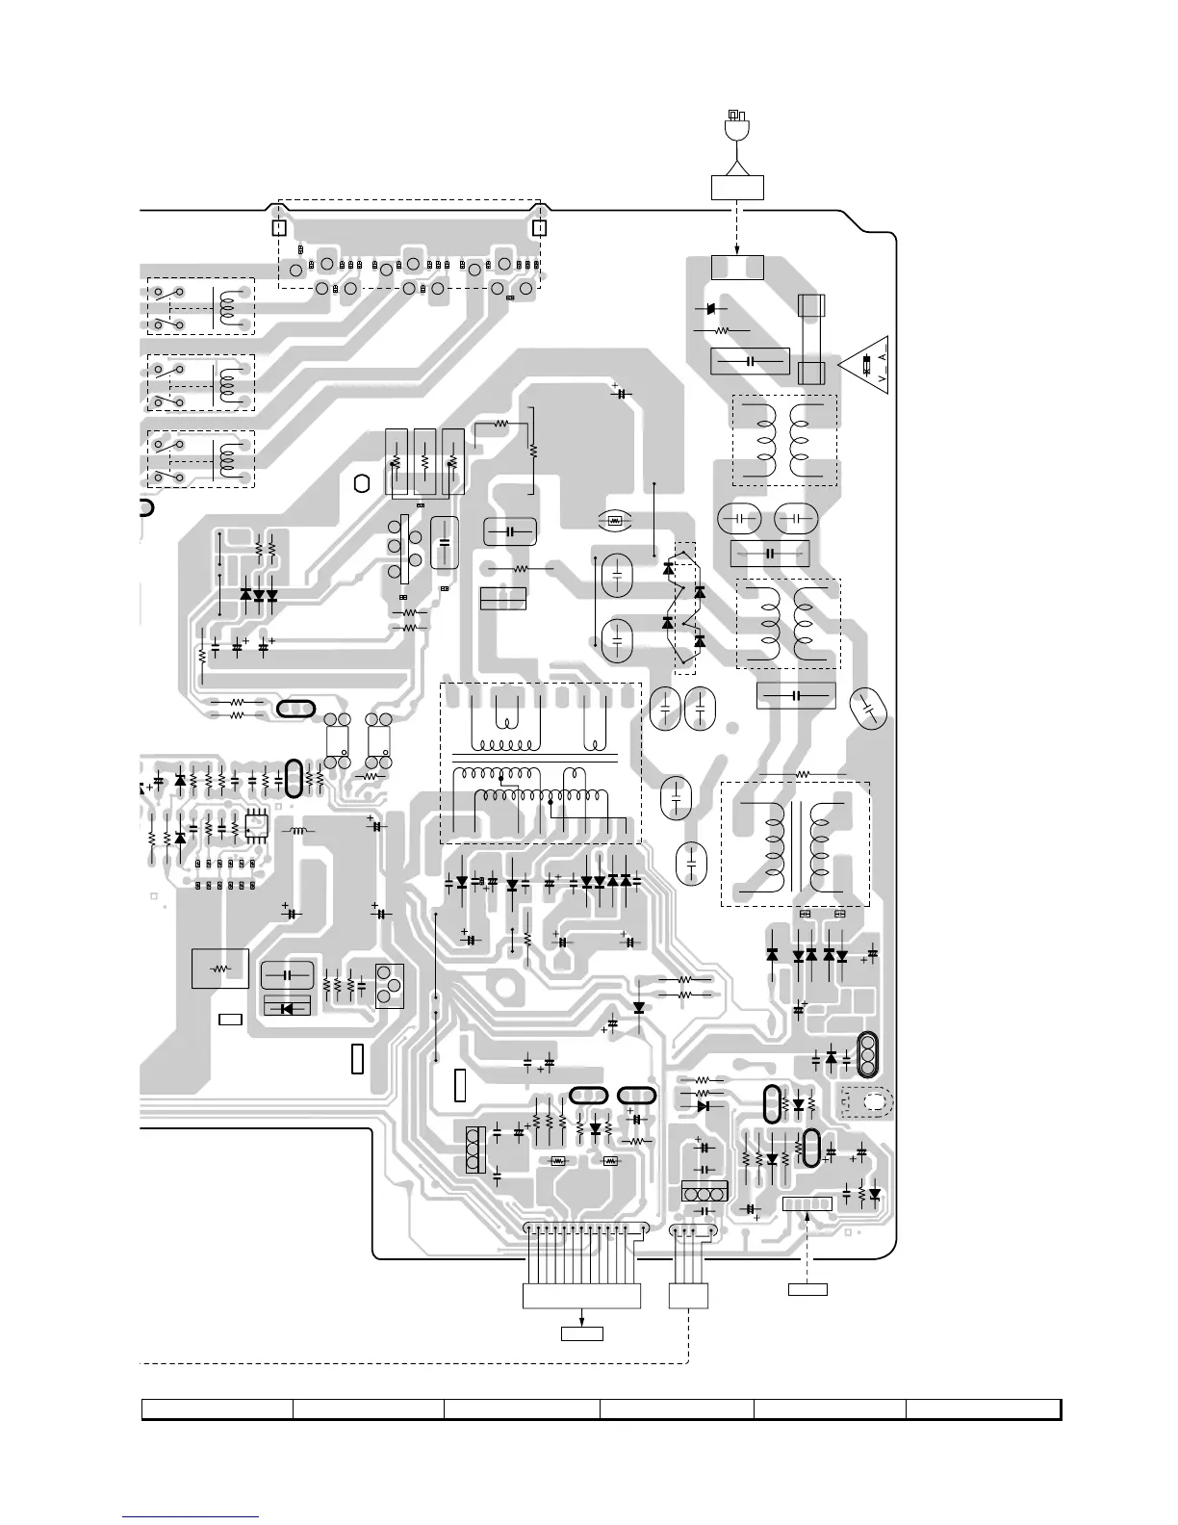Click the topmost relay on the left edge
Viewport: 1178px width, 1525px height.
pyautogui.click(x=201, y=306)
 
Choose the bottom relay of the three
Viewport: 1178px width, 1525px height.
pyautogui.click(x=201, y=459)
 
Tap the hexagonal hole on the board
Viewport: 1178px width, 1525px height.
pyautogui.click(x=362, y=483)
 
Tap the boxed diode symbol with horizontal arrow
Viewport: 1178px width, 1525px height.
pyautogui.click(x=287, y=1007)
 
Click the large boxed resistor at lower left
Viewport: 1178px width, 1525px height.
pyautogui.click(x=220, y=969)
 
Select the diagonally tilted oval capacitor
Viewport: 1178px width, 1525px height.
pyautogui.click(x=868, y=711)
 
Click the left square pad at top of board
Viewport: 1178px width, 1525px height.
pyautogui.click(x=278, y=228)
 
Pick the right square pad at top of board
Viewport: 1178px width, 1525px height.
pyautogui.click(x=539, y=228)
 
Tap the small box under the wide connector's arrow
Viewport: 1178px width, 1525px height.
pyautogui.click(x=581, y=1333)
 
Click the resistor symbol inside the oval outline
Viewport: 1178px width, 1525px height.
pyautogui.click(x=613, y=522)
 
